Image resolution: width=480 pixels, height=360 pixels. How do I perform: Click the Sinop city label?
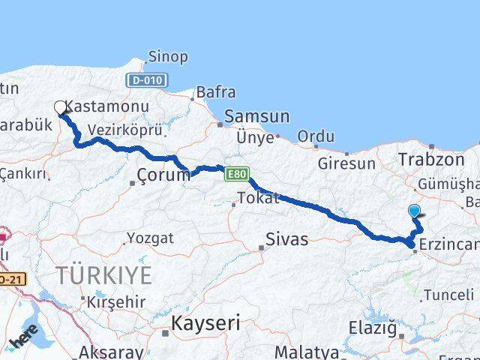coord(169,57)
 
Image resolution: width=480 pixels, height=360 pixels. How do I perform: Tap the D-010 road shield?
coord(147,79)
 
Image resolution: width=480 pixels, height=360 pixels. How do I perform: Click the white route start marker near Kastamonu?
coord(60,107)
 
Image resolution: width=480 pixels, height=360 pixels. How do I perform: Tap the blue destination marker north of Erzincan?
coord(415,211)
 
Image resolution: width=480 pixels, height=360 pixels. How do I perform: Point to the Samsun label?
coord(256,117)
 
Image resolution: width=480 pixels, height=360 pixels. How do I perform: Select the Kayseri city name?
coord(205,324)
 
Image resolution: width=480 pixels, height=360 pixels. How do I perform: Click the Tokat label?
coord(258,199)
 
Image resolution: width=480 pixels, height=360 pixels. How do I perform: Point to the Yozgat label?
coord(150,238)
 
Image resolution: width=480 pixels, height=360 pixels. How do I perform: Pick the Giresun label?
coord(346,163)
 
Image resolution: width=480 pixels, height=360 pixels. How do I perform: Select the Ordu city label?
coord(316,137)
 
